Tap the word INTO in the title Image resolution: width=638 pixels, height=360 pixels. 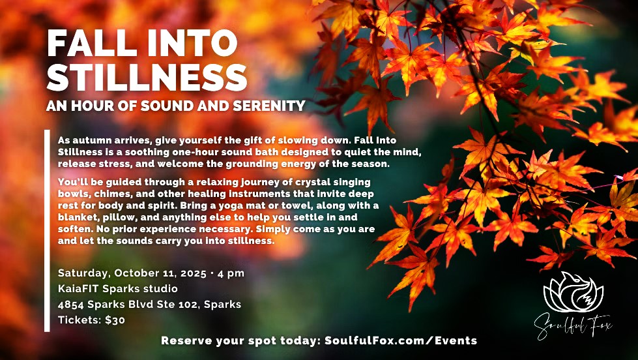[192, 43]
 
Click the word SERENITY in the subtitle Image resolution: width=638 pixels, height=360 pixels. [269, 106]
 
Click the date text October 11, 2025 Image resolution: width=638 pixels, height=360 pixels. [160, 273]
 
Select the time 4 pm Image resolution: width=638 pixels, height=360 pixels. [231, 273]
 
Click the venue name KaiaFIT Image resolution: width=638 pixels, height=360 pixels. [79, 289]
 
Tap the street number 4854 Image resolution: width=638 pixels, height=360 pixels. [71, 304]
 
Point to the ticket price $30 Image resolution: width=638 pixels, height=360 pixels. [115, 320]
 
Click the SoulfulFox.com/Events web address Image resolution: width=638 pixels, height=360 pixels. [400, 340]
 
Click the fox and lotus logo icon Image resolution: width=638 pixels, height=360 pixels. [573, 292]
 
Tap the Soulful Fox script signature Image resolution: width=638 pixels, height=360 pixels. [573, 326]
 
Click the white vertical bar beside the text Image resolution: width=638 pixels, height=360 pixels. [47, 230]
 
